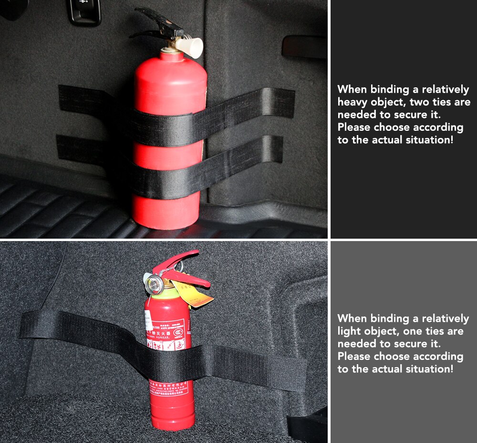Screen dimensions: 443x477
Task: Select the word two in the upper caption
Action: pos(422,102)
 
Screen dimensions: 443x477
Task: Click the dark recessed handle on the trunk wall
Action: pos(304,46)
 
